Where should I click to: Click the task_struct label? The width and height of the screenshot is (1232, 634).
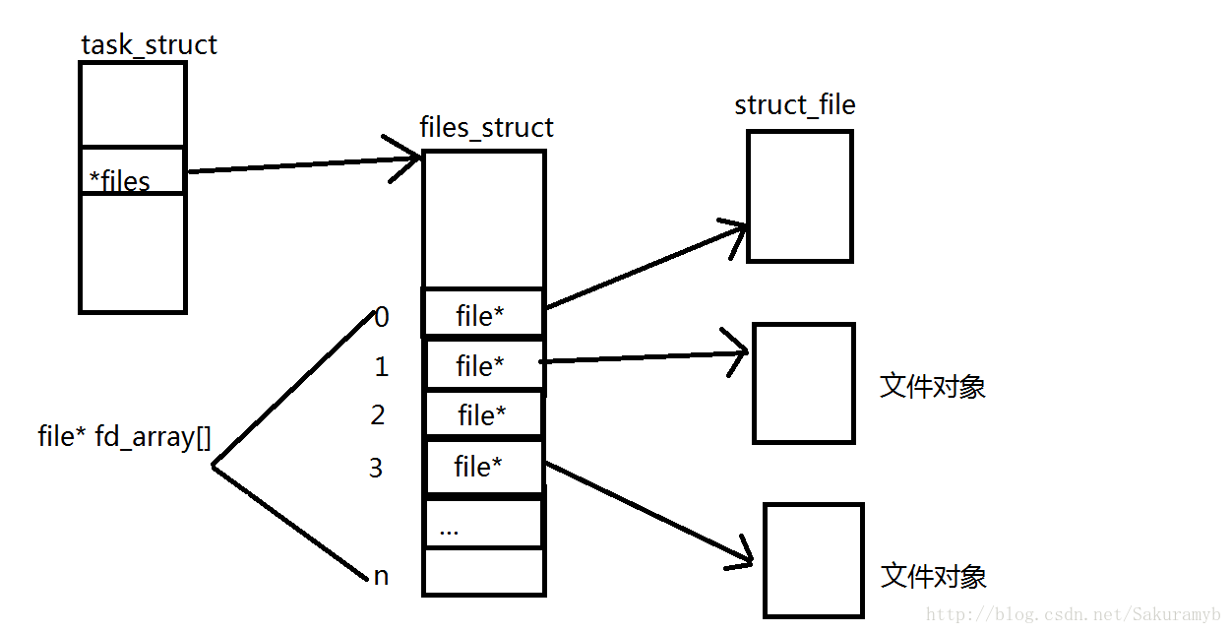point(149,45)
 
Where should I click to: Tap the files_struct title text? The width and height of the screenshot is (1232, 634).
point(486,128)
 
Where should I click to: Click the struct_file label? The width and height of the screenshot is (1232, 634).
point(794,105)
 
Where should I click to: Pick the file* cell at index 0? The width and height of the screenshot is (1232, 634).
point(483,314)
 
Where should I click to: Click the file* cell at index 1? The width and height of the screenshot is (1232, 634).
point(483,365)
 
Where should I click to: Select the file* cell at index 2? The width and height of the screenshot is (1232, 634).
point(483,415)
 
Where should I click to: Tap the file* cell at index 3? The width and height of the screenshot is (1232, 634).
point(483,467)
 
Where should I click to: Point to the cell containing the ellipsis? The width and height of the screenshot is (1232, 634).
point(483,525)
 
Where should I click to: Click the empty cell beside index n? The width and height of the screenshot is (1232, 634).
point(483,572)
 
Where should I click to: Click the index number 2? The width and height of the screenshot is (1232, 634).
point(378,415)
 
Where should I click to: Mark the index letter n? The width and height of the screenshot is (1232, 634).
point(381,576)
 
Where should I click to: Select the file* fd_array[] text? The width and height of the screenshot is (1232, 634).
point(124,437)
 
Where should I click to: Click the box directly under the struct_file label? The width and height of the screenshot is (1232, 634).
point(799,196)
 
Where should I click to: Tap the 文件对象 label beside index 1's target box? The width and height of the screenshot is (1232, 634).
point(932,387)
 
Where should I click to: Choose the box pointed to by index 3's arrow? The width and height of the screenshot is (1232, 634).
point(813,560)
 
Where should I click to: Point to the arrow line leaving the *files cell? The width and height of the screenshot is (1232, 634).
point(295,165)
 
